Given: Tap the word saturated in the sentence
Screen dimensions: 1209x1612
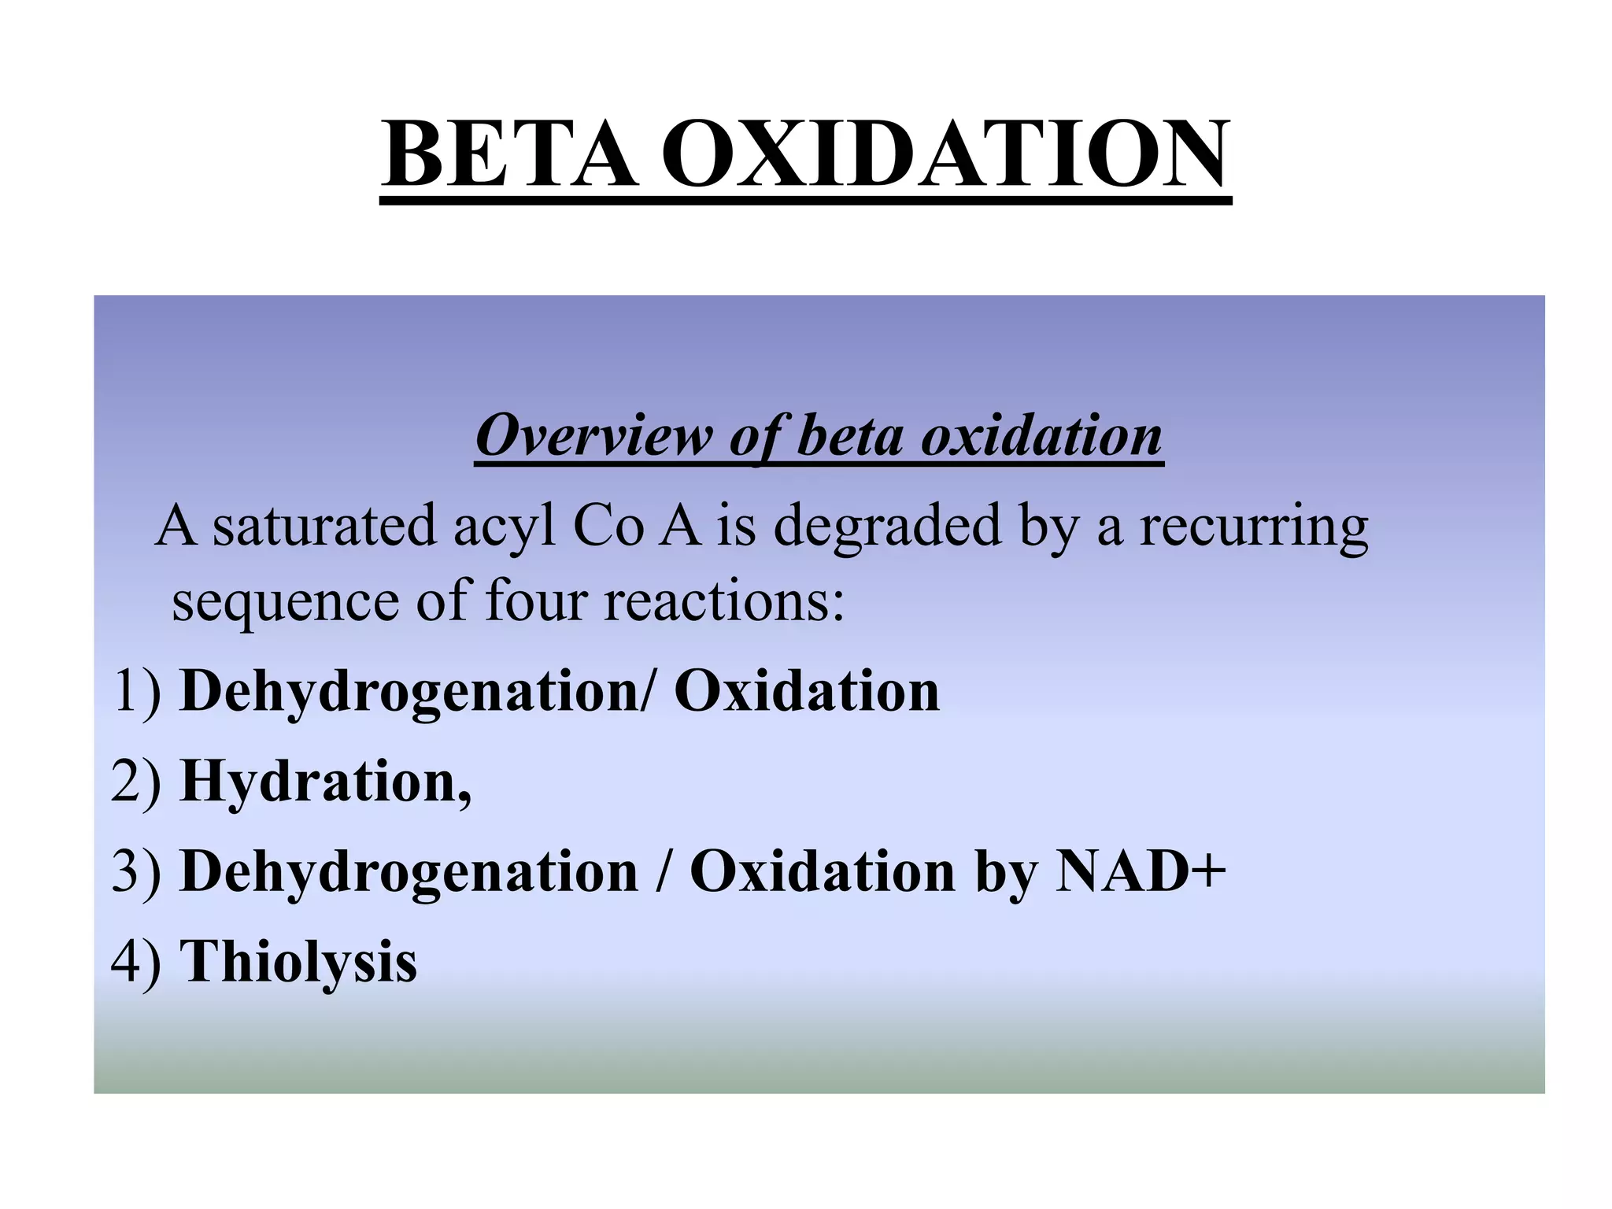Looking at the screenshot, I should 324,526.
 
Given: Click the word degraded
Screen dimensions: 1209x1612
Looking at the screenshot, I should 887,526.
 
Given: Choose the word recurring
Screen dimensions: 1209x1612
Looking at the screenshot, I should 1254,526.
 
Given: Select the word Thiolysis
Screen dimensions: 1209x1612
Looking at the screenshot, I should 298,961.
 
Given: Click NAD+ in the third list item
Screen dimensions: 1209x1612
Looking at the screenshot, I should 1140,871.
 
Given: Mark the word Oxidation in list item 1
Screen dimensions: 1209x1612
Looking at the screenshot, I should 807,690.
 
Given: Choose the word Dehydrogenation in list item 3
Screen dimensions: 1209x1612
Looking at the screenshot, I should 409,871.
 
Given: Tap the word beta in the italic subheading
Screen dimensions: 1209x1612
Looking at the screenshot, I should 849,434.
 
